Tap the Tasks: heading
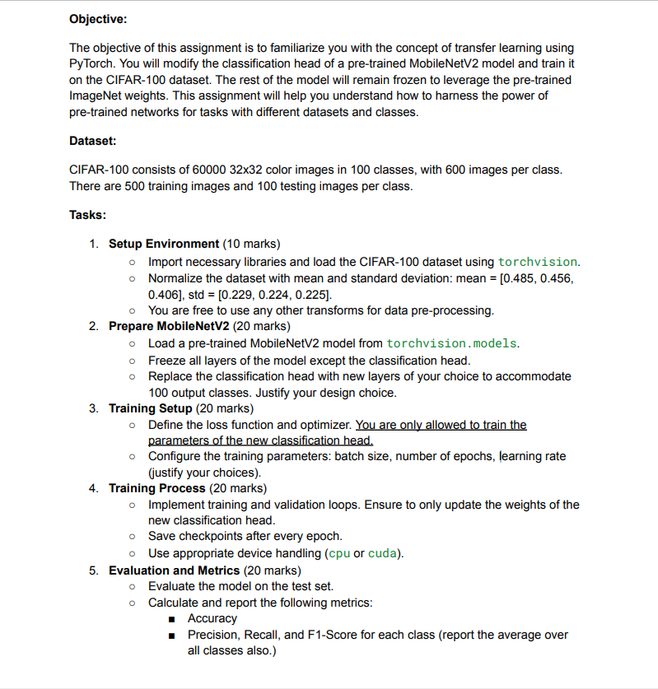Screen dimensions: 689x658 (x=87, y=215)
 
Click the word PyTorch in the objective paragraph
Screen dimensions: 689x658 (x=91, y=63)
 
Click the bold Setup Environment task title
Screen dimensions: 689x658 (x=164, y=244)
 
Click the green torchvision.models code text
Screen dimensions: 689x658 (x=452, y=343)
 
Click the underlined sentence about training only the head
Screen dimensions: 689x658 (x=441, y=425)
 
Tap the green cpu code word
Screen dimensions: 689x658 (x=338, y=553)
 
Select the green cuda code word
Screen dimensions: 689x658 (x=383, y=553)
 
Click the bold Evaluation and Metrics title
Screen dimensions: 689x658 (x=174, y=570)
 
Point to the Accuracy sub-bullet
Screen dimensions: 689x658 (x=212, y=618)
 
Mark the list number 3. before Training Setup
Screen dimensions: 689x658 (x=94, y=408)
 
